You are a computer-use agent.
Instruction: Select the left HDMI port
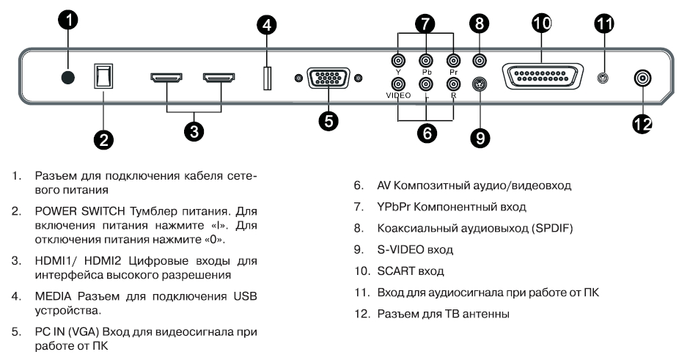[x=167, y=77]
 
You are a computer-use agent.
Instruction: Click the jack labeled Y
[x=399, y=62]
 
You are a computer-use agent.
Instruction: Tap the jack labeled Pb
[x=425, y=62]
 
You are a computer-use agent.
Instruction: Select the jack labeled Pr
[x=452, y=62]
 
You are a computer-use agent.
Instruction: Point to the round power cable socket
[x=68, y=78]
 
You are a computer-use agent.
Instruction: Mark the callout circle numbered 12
[x=642, y=124]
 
